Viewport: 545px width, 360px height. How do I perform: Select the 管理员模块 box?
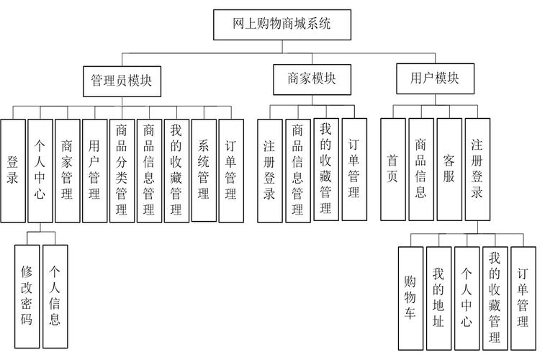tap(121, 81)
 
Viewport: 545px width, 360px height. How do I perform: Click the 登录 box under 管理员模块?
tap(12, 170)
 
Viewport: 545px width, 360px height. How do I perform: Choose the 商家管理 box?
tap(67, 170)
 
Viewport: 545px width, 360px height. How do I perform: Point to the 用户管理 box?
tap(94, 170)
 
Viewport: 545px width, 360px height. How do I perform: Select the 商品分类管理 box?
tap(122, 170)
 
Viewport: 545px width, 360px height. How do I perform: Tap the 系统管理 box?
tap(204, 170)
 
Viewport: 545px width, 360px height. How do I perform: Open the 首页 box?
tap(392, 169)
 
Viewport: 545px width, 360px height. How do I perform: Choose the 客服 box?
tap(449, 169)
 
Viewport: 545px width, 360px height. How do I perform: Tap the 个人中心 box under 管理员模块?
tap(40, 170)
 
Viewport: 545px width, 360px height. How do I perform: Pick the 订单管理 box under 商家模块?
tap(354, 169)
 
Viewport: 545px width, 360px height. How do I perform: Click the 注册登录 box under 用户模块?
tap(477, 169)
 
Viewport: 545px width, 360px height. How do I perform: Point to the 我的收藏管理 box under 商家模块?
tap(326, 169)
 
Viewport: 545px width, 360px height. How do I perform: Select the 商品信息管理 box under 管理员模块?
tap(149, 170)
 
